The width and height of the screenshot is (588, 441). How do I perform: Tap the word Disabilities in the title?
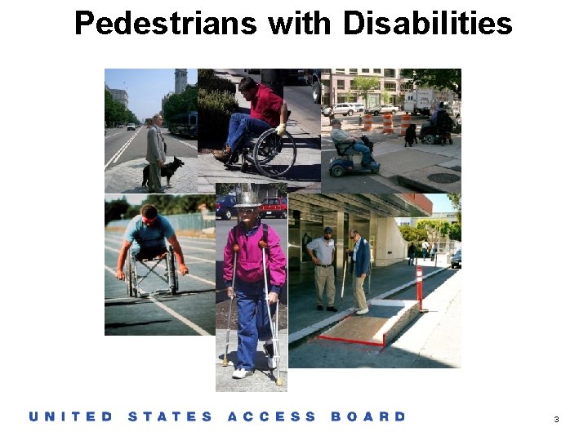pos(428,23)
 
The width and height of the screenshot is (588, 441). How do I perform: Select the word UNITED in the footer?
pos(71,416)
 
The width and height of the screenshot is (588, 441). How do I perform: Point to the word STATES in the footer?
pos(170,416)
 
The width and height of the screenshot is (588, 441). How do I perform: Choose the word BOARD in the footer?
pos(368,416)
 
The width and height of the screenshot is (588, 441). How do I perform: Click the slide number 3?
pos(556,419)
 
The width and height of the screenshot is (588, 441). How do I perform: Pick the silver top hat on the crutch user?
pos(247,196)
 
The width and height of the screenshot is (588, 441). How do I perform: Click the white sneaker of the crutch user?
pos(242,372)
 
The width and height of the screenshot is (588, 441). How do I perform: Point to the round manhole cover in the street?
pos(443,177)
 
